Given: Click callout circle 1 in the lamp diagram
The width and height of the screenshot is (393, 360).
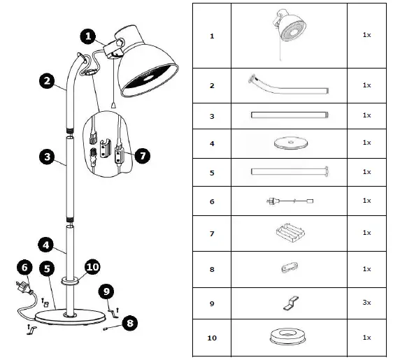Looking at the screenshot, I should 87,34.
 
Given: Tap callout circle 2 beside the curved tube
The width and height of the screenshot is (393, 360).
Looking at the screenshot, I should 47,81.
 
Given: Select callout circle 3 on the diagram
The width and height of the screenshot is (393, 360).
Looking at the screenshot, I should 46,157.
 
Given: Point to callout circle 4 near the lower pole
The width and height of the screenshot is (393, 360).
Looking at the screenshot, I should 45,245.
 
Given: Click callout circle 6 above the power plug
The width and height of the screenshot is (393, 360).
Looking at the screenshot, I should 24,267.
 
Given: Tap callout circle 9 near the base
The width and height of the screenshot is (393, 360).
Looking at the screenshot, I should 107,289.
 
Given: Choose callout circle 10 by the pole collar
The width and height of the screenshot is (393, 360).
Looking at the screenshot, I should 93,266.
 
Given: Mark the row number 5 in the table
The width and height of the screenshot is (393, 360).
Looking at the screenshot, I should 212,171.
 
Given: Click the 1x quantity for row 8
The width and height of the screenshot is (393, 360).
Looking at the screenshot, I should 366,268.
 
